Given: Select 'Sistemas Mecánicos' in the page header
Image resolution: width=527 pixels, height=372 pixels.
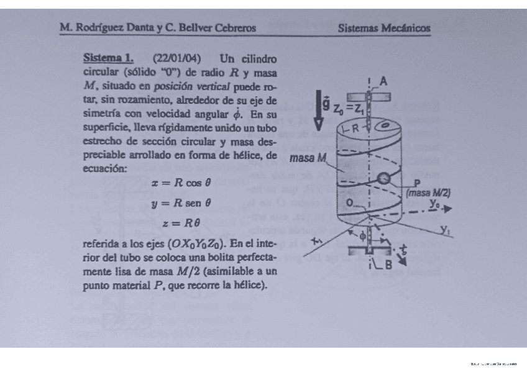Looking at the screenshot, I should (384, 28).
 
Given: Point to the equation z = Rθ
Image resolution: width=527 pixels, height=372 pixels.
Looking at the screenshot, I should (181, 222).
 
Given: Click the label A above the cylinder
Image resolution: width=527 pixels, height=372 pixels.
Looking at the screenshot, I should (383, 81).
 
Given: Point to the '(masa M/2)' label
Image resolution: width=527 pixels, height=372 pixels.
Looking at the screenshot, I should (428, 193).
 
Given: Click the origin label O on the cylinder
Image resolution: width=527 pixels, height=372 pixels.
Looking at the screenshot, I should (352, 202).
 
